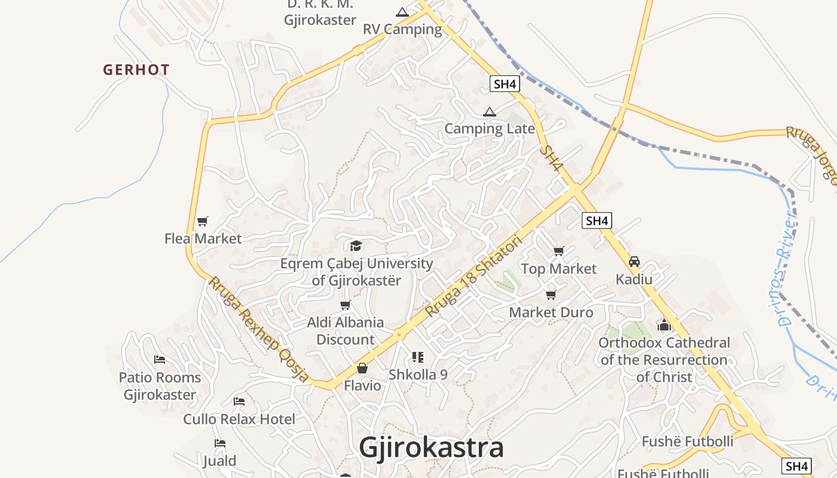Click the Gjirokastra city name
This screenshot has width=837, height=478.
(431, 448)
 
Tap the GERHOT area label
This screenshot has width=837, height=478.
(136, 70)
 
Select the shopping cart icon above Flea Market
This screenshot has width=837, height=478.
(202, 222)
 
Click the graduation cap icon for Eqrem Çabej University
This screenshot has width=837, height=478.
(356, 246)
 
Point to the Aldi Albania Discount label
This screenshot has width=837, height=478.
(345, 331)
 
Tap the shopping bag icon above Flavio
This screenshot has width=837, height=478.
(362, 368)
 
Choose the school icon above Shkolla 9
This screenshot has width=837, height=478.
(418, 357)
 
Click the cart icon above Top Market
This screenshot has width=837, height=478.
(558, 252)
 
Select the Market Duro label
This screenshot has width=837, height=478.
(551, 312)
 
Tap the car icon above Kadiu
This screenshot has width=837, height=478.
(634, 262)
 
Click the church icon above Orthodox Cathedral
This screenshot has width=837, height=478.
(664, 326)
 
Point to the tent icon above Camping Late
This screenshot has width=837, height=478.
(490, 112)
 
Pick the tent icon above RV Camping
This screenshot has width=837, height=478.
(402, 12)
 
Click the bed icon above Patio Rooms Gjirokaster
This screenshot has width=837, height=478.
(160, 360)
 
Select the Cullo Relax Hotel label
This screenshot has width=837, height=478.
(239, 419)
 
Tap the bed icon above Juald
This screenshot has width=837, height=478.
(220, 443)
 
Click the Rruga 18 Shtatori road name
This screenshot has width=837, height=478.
(474, 277)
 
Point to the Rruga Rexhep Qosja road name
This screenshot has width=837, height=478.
(258, 328)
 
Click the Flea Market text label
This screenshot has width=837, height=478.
(203, 238)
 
